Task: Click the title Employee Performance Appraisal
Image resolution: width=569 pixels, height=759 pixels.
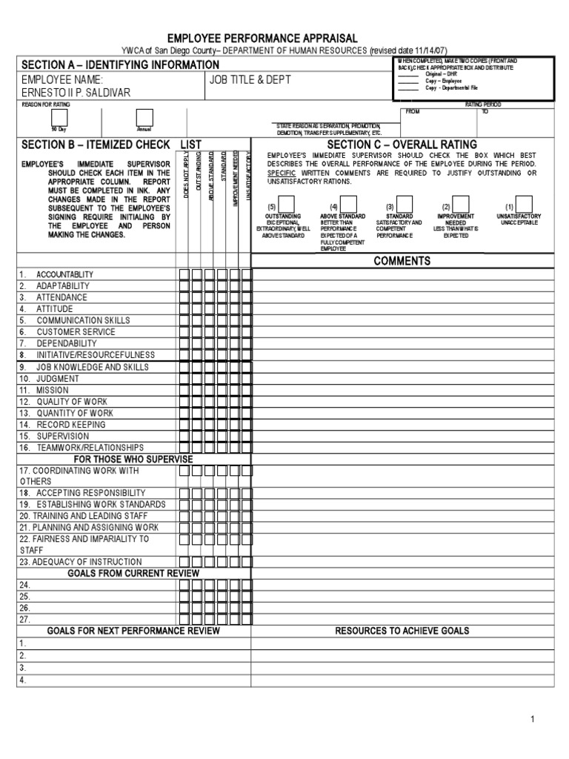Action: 263,38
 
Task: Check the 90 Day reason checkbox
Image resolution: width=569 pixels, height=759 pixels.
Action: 59,118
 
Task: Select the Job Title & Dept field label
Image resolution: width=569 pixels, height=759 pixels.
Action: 248,79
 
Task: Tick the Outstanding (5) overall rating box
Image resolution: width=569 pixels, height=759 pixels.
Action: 284,204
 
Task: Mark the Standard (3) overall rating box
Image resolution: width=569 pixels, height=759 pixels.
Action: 404,204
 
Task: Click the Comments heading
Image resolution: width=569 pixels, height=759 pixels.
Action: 402,261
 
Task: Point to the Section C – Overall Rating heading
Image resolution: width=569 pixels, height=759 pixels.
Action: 402,145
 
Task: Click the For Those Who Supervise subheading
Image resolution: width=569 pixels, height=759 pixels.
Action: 133,460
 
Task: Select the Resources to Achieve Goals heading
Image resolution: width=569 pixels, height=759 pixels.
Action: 402,631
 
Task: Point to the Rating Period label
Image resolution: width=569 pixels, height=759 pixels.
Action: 483,105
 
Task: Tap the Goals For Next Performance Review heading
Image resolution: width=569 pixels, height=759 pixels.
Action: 133,631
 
